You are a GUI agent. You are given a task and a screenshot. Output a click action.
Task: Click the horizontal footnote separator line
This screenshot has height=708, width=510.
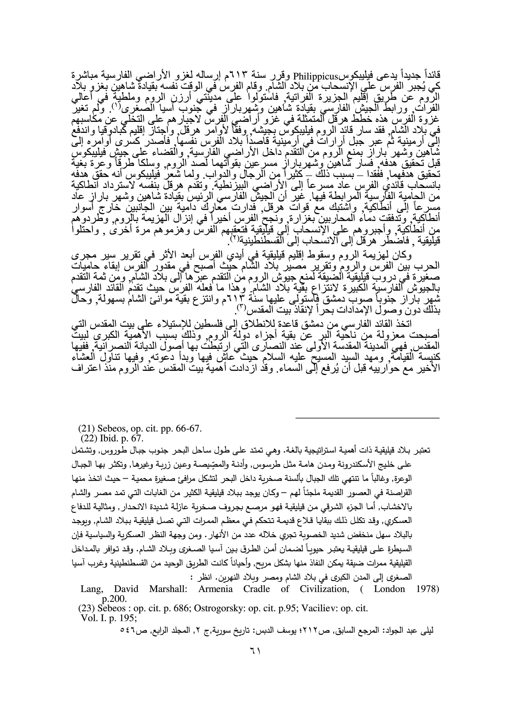tap(367, 418)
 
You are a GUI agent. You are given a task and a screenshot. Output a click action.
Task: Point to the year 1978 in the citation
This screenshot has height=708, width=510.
tap(428, 589)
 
